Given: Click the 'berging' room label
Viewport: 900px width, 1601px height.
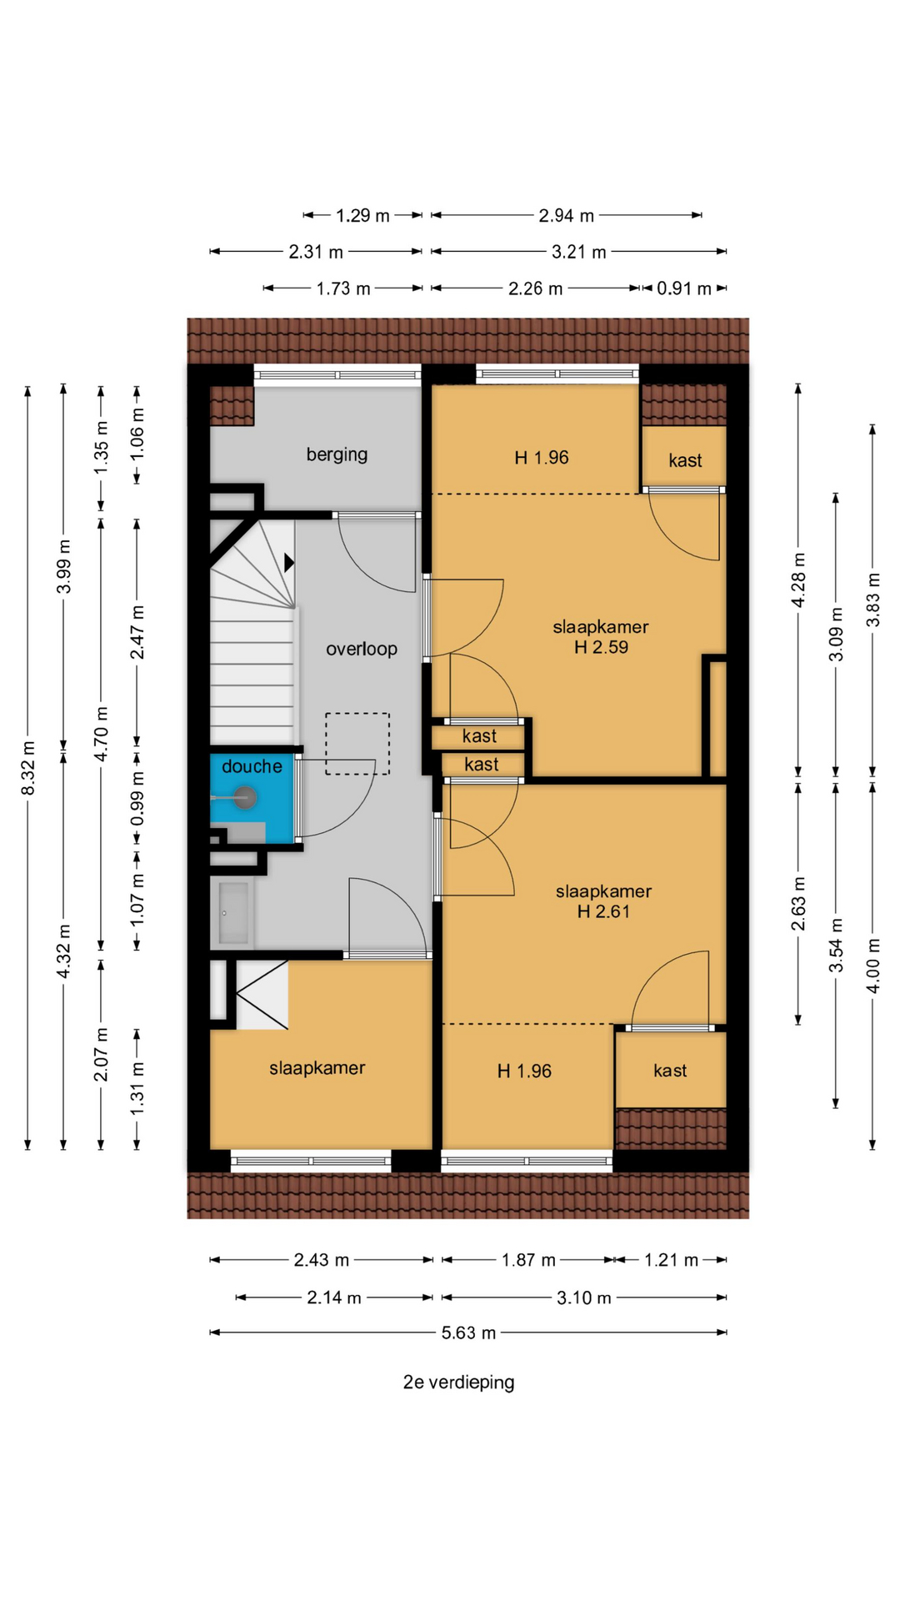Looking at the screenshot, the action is pyautogui.click(x=337, y=454).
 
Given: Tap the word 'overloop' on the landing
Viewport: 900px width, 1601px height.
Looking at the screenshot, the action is pyautogui.click(x=362, y=649).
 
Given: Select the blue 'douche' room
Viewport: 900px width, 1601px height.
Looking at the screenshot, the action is pyautogui.click(x=252, y=799).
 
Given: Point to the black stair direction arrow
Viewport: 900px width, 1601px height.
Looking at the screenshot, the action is pyautogui.click(x=289, y=563).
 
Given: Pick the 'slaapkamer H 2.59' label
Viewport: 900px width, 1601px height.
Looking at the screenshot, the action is pyautogui.click(x=601, y=637).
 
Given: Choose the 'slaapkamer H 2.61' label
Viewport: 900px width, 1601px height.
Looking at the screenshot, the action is pyautogui.click(x=603, y=901).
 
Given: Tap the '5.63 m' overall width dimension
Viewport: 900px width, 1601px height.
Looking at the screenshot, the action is pyautogui.click(x=468, y=1332).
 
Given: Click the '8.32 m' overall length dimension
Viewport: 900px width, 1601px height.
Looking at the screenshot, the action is pyautogui.click(x=27, y=767).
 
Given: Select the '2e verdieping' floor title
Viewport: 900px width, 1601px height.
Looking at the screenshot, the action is pyautogui.click(x=458, y=1382).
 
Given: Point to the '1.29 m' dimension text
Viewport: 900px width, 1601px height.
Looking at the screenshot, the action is pyautogui.click(x=362, y=215).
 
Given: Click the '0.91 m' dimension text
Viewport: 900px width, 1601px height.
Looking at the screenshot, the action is pyautogui.click(x=684, y=289).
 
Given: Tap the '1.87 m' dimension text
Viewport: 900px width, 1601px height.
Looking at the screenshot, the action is pyautogui.click(x=528, y=1260).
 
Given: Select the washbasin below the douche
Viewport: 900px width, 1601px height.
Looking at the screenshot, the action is pyautogui.click(x=232, y=913).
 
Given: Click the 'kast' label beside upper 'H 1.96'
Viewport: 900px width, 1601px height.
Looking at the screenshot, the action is pyautogui.click(x=685, y=460).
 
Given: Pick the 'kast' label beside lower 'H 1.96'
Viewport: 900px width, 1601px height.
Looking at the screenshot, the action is pyautogui.click(x=670, y=1071).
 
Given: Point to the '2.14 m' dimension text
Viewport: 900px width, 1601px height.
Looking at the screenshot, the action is pyautogui.click(x=334, y=1297).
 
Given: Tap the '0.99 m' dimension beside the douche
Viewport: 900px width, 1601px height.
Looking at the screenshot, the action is pyautogui.click(x=137, y=798).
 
